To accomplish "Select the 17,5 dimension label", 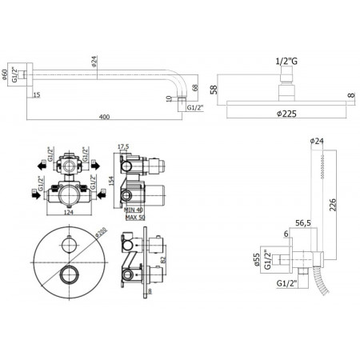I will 122,146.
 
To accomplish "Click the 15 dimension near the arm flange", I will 37,95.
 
